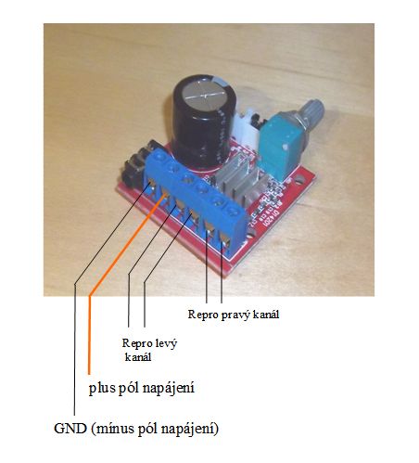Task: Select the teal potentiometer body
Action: click(x=281, y=145)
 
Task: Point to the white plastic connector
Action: click(x=247, y=128)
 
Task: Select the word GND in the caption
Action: click(x=70, y=429)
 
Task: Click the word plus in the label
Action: click(x=103, y=388)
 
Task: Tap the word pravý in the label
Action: click(x=235, y=315)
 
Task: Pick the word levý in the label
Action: click(x=166, y=343)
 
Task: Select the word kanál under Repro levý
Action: click(x=138, y=357)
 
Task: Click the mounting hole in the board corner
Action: click(x=298, y=178)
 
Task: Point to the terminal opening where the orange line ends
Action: click(x=165, y=196)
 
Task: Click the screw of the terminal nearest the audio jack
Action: click(x=159, y=157)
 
